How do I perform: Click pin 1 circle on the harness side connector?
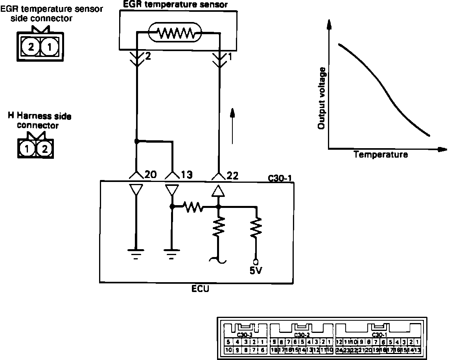[x=27, y=149]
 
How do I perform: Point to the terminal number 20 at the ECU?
[x=151, y=175]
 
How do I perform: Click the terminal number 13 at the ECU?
[x=186, y=175]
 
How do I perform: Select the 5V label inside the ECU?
[x=256, y=271]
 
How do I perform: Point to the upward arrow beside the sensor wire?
[x=233, y=126]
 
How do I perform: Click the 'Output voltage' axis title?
[x=322, y=99]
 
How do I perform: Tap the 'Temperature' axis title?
[x=381, y=154]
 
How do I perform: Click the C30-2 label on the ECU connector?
[x=302, y=335]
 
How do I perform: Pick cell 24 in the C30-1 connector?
[x=339, y=350]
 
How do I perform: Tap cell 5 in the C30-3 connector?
[x=228, y=342]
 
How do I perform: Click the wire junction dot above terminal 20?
[x=136, y=141]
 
